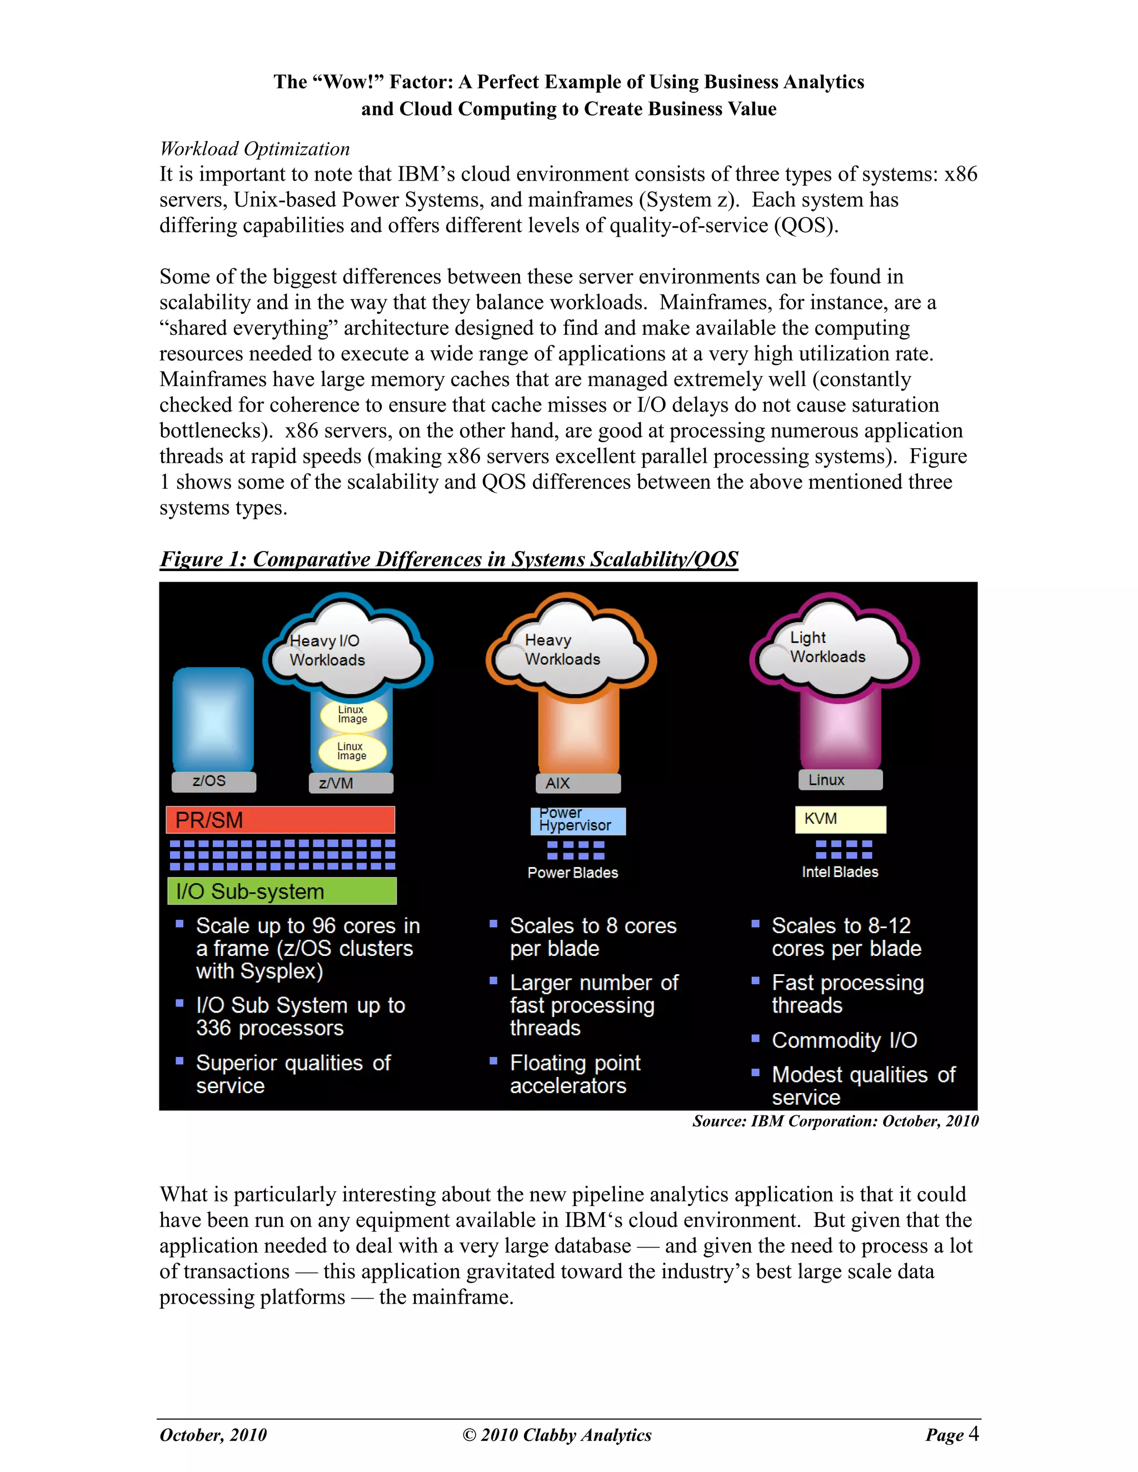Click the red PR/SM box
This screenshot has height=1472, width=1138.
[280, 819]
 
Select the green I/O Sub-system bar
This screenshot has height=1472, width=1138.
[282, 891]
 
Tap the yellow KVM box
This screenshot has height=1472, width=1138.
[840, 819]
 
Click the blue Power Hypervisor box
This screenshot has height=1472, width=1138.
[578, 820]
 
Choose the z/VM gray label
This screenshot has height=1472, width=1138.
[351, 783]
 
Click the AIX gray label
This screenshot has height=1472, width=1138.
[578, 783]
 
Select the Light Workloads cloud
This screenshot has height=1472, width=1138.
[834, 648]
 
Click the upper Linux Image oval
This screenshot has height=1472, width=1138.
[353, 714]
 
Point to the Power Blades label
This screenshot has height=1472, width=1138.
[572, 873]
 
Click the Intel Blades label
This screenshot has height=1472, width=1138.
[840, 872]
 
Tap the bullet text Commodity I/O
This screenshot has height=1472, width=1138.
[844, 1040]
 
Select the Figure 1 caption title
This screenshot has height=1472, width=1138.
[448, 559]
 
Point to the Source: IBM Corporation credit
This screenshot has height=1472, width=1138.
[835, 1121]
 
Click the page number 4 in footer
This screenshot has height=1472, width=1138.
[973, 1434]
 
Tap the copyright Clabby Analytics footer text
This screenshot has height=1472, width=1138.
[557, 1435]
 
